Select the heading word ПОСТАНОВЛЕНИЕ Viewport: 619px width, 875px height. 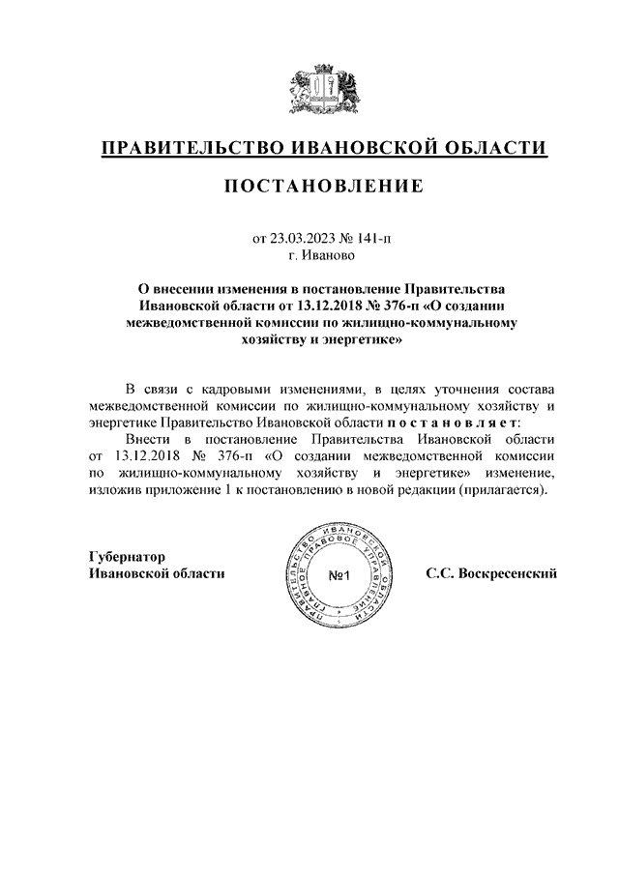pyautogui.click(x=324, y=187)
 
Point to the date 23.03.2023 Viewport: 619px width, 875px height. pyautogui.click(x=302, y=238)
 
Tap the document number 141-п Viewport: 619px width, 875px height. pyautogui.click(x=373, y=238)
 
